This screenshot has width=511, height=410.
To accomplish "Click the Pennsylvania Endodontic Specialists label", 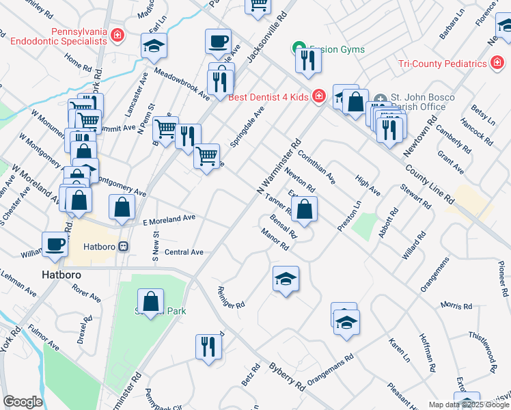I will point(59,36).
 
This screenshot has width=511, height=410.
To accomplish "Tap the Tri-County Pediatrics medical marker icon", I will point(498,64).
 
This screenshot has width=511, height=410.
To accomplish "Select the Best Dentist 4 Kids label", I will point(268,96).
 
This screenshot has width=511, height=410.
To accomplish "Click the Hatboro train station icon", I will point(124,247).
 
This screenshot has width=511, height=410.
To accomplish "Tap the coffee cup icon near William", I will point(55,243).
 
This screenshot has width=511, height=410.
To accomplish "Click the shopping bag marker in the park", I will point(150,301).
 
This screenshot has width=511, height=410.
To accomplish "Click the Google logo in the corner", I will point(22,402).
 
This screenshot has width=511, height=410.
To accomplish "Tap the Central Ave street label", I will point(184,252).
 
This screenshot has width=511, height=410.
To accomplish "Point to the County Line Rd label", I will point(428,183).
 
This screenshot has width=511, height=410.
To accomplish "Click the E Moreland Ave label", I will point(169,219).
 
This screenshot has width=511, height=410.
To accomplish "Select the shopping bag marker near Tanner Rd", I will point(306,208).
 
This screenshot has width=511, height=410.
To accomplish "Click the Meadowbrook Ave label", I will point(182,82).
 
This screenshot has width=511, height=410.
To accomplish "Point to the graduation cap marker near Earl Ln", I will point(154,46).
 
